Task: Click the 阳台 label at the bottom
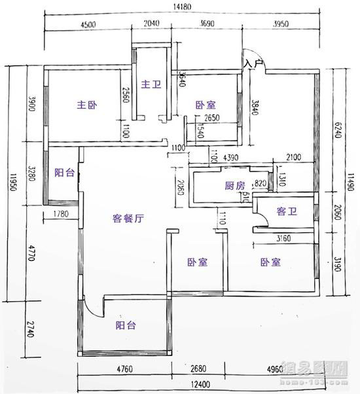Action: [x=126, y=325]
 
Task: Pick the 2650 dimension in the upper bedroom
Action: [x=211, y=118]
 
